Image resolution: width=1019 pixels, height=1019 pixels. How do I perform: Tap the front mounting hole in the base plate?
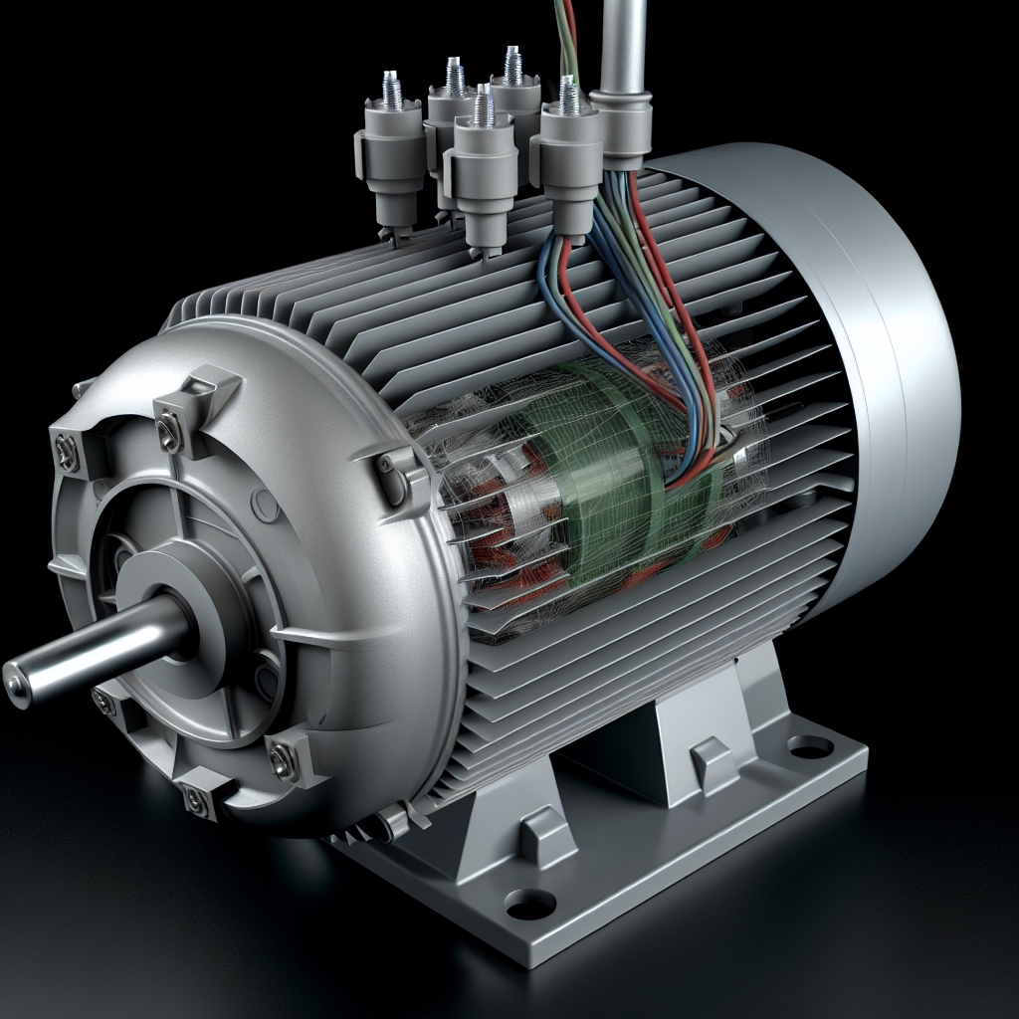point(529,904)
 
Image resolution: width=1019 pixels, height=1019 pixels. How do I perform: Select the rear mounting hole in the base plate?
point(810,744)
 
